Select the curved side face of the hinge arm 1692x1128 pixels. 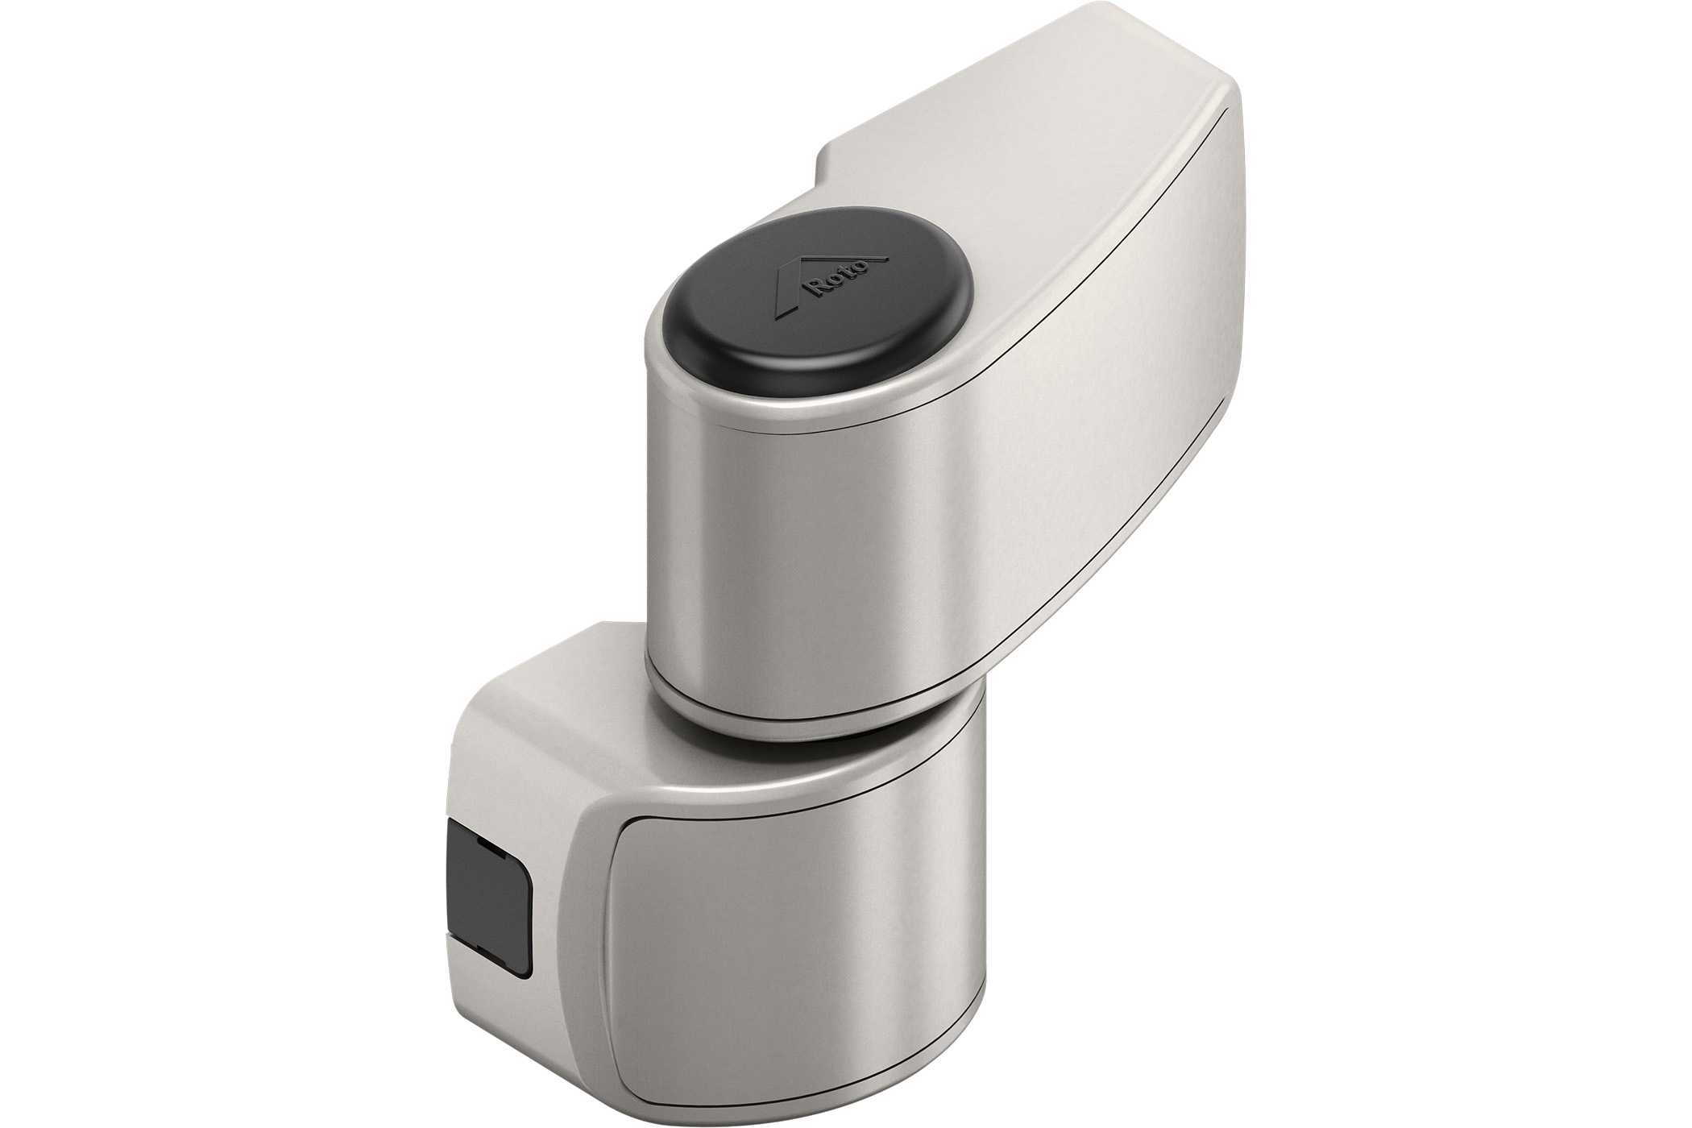point(1112,363)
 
